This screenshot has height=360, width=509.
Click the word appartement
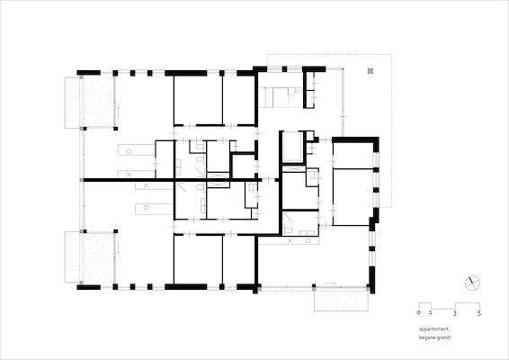(433, 329)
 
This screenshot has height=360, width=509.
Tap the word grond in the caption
(443, 337)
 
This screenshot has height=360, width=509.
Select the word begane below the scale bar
(426, 337)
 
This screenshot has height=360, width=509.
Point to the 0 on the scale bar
(419, 312)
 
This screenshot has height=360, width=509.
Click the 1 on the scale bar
(431, 312)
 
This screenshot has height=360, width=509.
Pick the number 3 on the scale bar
(455, 313)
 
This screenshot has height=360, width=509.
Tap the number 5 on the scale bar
(479, 313)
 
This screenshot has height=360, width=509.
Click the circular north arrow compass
(472, 283)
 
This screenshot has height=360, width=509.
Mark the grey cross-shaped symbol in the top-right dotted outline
(371, 71)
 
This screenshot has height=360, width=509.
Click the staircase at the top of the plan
(281, 97)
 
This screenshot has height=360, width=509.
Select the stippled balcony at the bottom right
(341, 300)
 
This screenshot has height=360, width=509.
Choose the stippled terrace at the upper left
(90, 102)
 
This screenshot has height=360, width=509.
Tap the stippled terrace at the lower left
(90, 257)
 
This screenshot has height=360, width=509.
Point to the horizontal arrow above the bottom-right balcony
(329, 283)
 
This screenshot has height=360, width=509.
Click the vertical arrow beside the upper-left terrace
(118, 112)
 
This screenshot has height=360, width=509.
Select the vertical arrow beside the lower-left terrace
(118, 247)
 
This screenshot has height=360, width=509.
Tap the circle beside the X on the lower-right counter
(308, 241)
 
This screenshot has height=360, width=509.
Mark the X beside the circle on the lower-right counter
(290, 241)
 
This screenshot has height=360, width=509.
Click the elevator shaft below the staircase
(293, 147)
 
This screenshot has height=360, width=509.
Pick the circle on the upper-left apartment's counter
(129, 151)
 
